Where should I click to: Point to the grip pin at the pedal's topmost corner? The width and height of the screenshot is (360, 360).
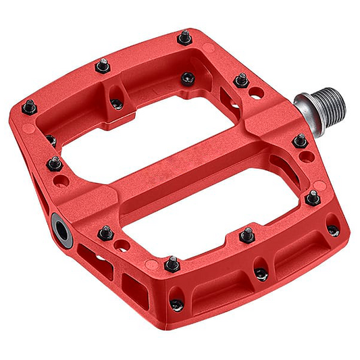(x=184, y=38)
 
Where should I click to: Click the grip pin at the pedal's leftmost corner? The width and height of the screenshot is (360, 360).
(x=29, y=106)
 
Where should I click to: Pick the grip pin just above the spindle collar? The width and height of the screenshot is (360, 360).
(x=242, y=80)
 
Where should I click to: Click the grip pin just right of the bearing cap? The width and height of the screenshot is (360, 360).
(x=104, y=233)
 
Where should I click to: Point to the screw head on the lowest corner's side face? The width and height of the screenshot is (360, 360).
(x=176, y=304)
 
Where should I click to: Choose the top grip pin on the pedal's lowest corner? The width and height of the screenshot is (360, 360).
(x=172, y=261)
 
